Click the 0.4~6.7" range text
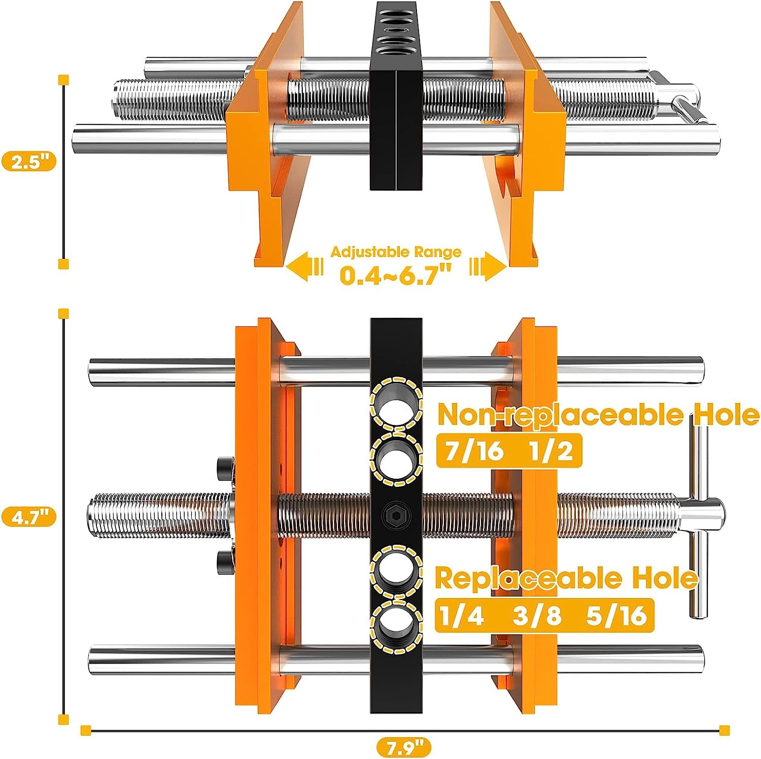click(396, 275)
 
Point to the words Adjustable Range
click(396, 252)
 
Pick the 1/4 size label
click(462, 615)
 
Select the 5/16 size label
click(616, 615)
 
